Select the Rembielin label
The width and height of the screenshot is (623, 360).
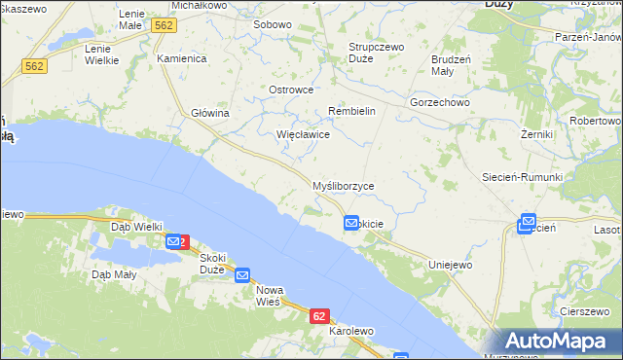[351, 111]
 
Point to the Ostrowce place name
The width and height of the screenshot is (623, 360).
[290, 90]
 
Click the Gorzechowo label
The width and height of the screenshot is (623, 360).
[440, 101]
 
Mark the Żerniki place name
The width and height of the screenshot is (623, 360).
[536, 133]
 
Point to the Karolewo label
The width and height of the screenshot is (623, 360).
[351, 331]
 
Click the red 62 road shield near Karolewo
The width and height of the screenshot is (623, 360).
[320, 316]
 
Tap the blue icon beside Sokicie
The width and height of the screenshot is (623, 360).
[351, 224]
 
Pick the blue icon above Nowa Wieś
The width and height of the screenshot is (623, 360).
[243, 276]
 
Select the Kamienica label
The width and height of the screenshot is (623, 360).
[182, 58]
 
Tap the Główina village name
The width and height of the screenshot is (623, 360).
[209, 113]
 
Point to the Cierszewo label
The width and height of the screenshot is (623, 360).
[585, 311]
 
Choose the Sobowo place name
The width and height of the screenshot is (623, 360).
[272, 24]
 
